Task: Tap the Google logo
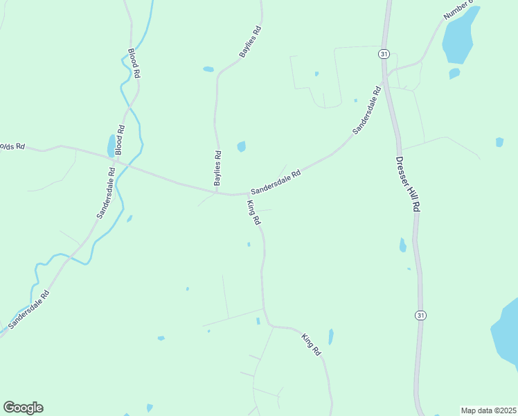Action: click(x=23, y=408)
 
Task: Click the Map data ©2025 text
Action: click(x=488, y=410)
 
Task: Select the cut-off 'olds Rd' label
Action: click(x=12, y=146)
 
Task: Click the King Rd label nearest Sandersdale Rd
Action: click(x=253, y=213)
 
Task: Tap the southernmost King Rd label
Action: click(x=312, y=345)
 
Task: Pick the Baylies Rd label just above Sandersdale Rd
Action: click(x=217, y=168)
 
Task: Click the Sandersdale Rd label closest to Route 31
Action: click(x=367, y=110)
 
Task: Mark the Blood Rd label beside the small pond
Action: click(x=120, y=139)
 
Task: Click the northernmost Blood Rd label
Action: click(x=134, y=63)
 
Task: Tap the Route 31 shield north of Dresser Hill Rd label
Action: click(x=384, y=53)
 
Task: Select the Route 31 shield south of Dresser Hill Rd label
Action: click(x=420, y=315)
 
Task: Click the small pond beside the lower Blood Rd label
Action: click(x=111, y=146)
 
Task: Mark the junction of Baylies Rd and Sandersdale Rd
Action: click(x=217, y=193)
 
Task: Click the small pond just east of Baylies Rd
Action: click(x=241, y=146)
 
